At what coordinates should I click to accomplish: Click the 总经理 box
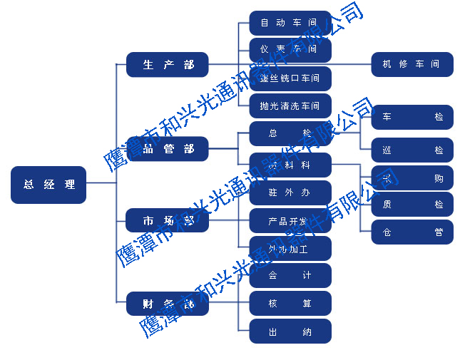pos(48,185)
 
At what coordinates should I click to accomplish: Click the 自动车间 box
pos(290,23)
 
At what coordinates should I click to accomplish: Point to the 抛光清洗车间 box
pos(290,106)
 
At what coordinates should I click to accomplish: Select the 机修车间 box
pos(412,64)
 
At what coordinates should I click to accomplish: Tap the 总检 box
pos(290,133)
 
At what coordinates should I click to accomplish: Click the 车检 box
pos(412,116)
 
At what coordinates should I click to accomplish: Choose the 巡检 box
pos(412,150)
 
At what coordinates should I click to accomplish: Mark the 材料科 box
pos(290,165)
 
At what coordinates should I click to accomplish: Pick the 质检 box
pos(412,205)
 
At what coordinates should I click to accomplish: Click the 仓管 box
pos(412,232)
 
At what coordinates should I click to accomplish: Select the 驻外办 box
pos(290,192)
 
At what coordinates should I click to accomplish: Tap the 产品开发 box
pos(290,221)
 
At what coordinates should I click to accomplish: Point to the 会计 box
pos(290,275)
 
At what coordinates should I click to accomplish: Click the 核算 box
pos(290,303)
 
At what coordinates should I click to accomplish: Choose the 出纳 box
pos(290,331)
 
